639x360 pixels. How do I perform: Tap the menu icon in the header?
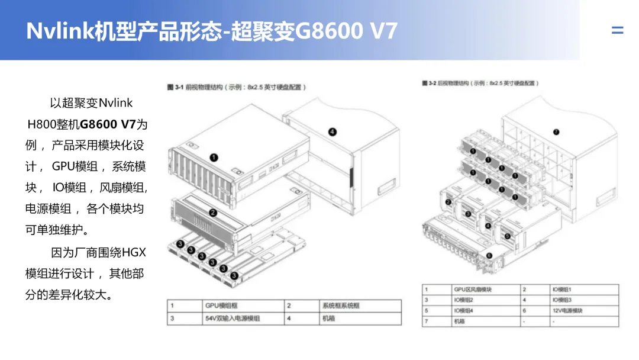[x=617, y=30]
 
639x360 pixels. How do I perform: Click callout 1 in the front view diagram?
[x=214, y=157]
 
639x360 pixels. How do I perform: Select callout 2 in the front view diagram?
[x=213, y=213]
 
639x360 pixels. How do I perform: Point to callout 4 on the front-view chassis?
[x=333, y=131]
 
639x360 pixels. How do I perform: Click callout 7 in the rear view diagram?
[x=556, y=131]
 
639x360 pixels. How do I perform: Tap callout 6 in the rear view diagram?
[x=489, y=255]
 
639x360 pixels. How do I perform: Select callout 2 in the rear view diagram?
[x=448, y=202]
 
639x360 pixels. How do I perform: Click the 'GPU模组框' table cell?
[x=220, y=306]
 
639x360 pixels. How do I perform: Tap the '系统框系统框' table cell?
[x=340, y=306]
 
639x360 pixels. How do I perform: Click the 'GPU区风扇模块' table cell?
[x=472, y=290]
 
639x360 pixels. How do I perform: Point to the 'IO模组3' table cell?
[x=561, y=300]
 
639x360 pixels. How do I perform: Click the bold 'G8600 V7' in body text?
[x=108, y=124]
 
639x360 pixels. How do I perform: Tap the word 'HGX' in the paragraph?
[x=133, y=252]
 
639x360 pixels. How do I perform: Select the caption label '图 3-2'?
[x=428, y=83]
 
